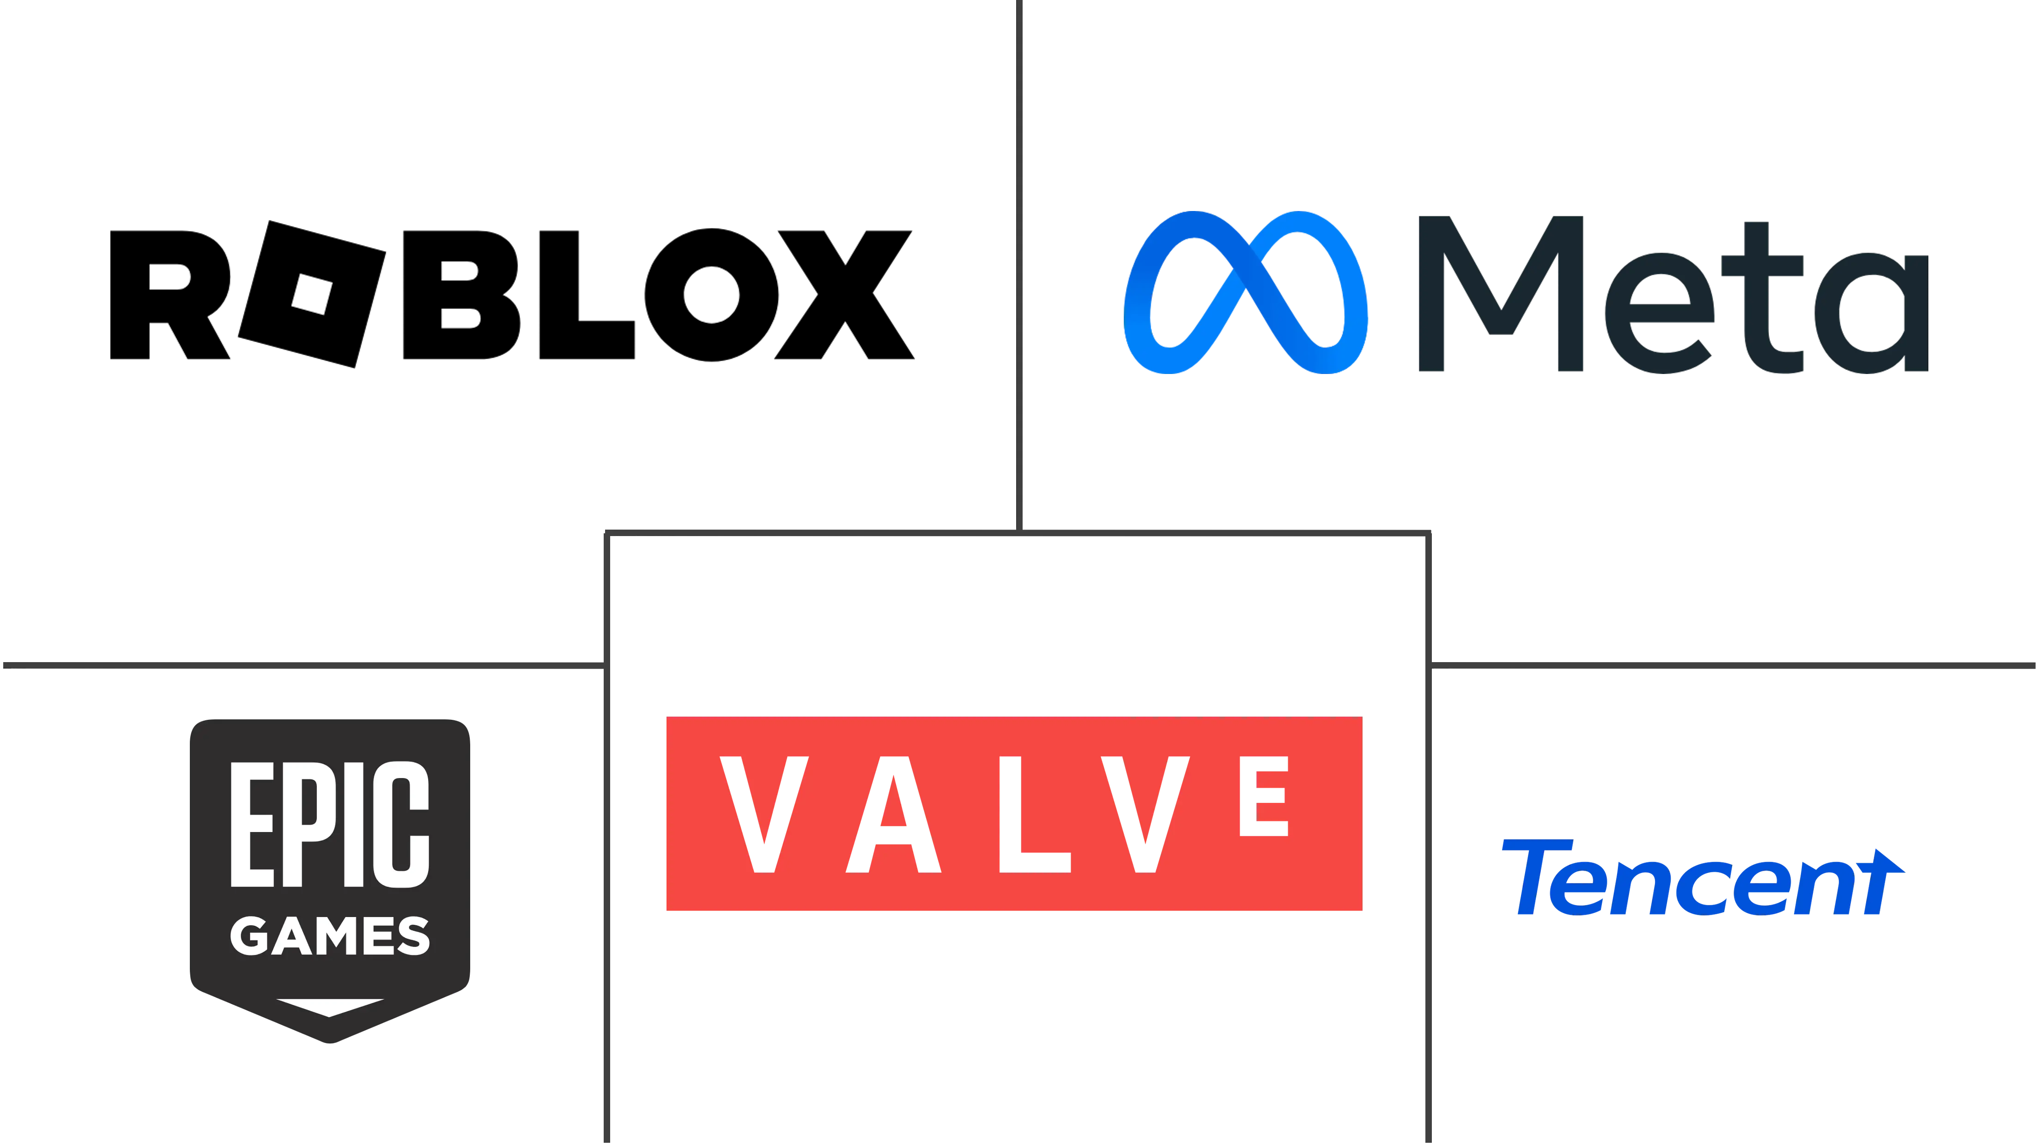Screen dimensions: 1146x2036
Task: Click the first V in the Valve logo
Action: pos(763,814)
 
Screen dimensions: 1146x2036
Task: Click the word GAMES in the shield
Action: pos(330,936)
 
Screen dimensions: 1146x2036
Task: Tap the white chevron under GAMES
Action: pos(330,1007)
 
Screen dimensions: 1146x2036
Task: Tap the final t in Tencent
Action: pos(1881,881)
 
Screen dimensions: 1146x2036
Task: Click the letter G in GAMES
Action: pos(250,936)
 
